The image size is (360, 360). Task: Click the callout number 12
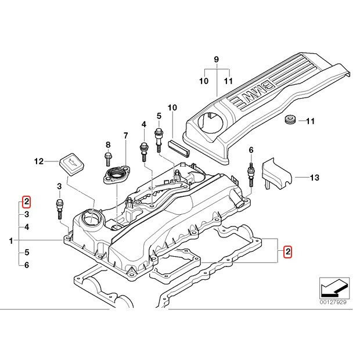coord(38,161)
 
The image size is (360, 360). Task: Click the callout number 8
coord(107,145)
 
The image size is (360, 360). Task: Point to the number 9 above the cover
coord(216,60)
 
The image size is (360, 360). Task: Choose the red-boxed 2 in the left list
coord(27,202)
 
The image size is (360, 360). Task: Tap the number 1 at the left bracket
coord(12,239)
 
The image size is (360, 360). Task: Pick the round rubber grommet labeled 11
coord(289,121)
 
